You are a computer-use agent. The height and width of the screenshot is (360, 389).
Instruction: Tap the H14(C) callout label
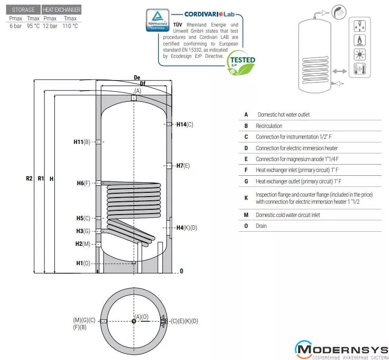pyautogui.click(x=185, y=125)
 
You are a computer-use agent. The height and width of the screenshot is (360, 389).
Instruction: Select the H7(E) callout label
pyautogui.click(x=183, y=165)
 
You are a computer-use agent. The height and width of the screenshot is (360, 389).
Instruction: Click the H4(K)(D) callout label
pyautogui.click(x=186, y=228)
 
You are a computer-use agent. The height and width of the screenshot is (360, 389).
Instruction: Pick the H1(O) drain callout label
pyautogui.click(x=83, y=263)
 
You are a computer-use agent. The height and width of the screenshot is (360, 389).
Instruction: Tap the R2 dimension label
pyautogui.click(x=29, y=179)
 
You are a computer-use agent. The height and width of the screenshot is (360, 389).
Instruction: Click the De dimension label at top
pyautogui.click(x=137, y=77)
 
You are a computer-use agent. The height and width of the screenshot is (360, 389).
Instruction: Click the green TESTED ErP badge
pyautogui.click(x=241, y=63)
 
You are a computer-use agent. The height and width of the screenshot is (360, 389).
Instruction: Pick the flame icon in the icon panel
pyautogui.click(x=360, y=40)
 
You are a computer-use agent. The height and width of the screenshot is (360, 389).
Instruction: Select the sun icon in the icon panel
pyautogui.click(x=360, y=54)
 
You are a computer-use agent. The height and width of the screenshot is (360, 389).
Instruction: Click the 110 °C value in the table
pyautogui.click(x=70, y=26)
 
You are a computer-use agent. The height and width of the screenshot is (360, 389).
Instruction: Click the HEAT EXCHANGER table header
pyautogui.click(x=62, y=9)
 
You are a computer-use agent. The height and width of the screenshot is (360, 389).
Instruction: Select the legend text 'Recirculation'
pyautogui.click(x=269, y=126)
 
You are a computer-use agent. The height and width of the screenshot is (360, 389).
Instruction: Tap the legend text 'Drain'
pyautogui.click(x=261, y=226)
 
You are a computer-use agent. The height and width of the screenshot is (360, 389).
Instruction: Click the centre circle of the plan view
pyautogui.click(x=134, y=321)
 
